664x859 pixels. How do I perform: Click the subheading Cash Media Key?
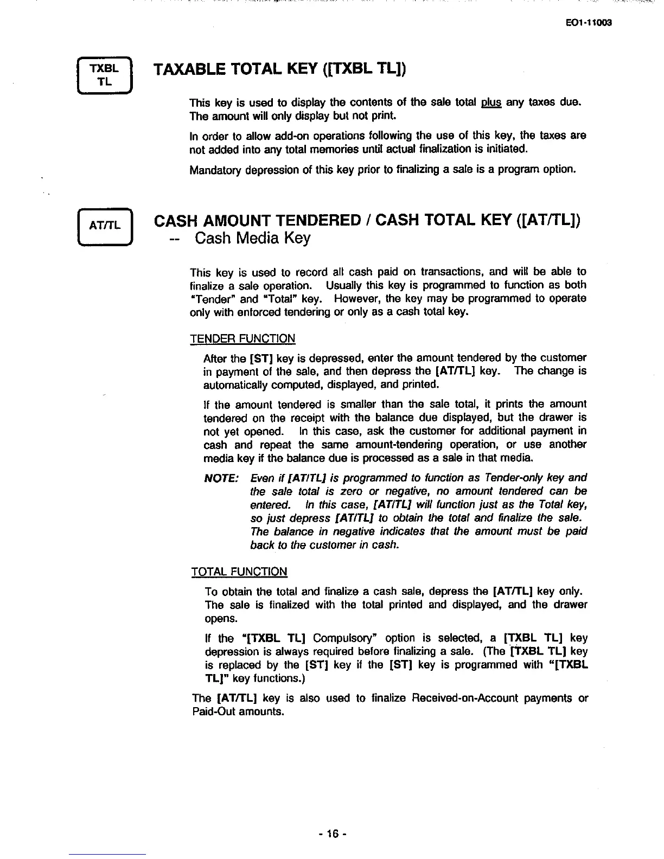pyautogui.click(x=252, y=239)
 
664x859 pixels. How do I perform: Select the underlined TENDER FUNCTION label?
pyautogui.click(x=242, y=339)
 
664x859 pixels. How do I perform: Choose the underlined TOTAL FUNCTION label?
pyautogui.click(x=239, y=572)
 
